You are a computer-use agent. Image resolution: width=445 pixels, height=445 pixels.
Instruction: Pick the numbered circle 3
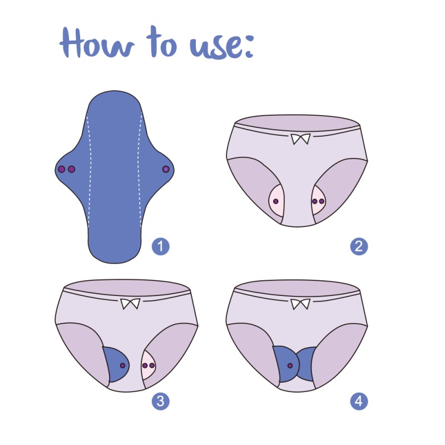pos(161,401)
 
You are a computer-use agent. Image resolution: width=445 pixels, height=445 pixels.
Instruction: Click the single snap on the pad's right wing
pos(165,169)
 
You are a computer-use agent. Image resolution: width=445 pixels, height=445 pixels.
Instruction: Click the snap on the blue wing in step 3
pos(122,365)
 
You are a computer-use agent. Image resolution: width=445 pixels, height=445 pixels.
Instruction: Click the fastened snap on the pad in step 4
pos(289,365)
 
